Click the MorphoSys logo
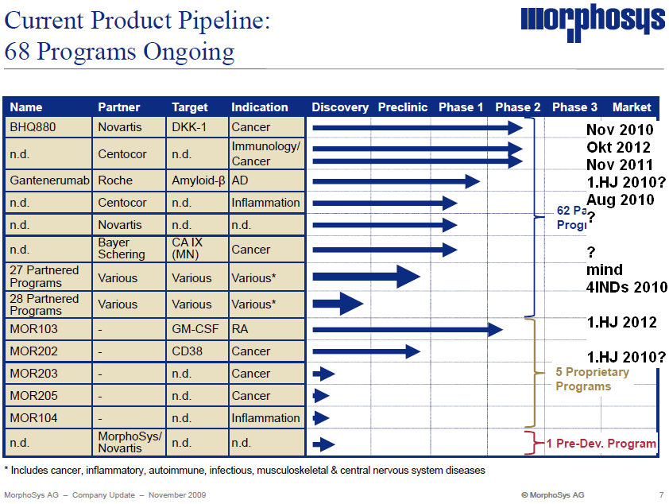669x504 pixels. coord(593,22)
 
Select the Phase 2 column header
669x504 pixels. coord(517,107)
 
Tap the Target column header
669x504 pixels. coord(189,107)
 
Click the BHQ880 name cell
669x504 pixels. coord(48,127)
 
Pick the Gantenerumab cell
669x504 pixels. coord(48,180)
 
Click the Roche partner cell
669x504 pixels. coord(129,180)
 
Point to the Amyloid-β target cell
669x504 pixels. coord(198,180)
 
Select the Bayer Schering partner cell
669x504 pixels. coord(129,248)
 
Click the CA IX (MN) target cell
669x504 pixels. coord(198,248)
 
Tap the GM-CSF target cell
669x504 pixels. coord(198,329)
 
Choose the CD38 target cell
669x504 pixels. coord(198,351)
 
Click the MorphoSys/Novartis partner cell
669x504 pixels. coord(129,442)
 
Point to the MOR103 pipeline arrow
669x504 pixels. coord(408,329)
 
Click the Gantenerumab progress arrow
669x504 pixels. coord(396,181)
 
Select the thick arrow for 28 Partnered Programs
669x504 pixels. coord(338,304)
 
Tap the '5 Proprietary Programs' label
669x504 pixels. coord(592,379)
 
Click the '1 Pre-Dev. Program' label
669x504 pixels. coord(601,444)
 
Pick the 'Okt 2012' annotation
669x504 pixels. coord(618,147)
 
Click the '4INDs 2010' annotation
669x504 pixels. coord(627,287)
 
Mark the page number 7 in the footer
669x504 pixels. coord(661,495)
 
